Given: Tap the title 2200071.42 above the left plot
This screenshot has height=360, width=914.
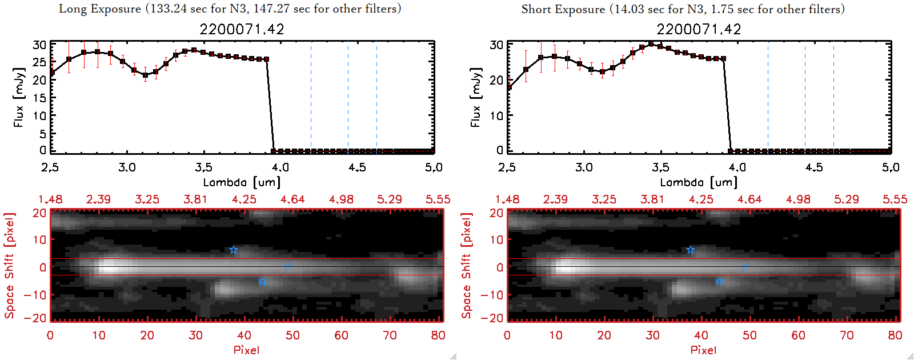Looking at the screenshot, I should pyautogui.click(x=242, y=29).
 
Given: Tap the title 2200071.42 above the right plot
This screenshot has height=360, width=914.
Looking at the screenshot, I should pyautogui.click(x=699, y=29).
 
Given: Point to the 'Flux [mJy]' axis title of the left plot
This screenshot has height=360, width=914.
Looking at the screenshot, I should pyautogui.click(x=19, y=97).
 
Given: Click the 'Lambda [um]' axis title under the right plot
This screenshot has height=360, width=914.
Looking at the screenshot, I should pyautogui.click(x=699, y=182).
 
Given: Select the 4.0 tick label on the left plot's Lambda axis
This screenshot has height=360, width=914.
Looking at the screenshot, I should pyautogui.click(x=280, y=167).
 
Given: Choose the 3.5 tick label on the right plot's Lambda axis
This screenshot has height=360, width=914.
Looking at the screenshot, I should pyautogui.click(x=660, y=167).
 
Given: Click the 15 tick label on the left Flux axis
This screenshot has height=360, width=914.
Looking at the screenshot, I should pyautogui.click(x=39, y=98).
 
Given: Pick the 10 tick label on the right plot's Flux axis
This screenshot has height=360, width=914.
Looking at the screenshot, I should pyautogui.click(x=496, y=115).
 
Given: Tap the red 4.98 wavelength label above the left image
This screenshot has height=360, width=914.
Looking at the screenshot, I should pyautogui.click(x=341, y=199).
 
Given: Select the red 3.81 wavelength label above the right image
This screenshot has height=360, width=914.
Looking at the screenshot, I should pyautogui.click(x=652, y=199).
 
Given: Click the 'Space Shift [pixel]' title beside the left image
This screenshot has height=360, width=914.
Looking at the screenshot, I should pyautogui.click(x=9, y=266).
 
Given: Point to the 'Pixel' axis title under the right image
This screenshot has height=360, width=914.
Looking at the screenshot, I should pyautogui.click(x=703, y=350).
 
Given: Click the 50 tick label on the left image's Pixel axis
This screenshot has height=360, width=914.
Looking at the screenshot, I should pyautogui.click(x=292, y=335).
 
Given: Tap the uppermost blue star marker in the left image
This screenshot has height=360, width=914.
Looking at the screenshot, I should pyautogui.click(x=233, y=250).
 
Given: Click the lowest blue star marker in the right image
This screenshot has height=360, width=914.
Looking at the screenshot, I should pyautogui.click(x=719, y=282).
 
